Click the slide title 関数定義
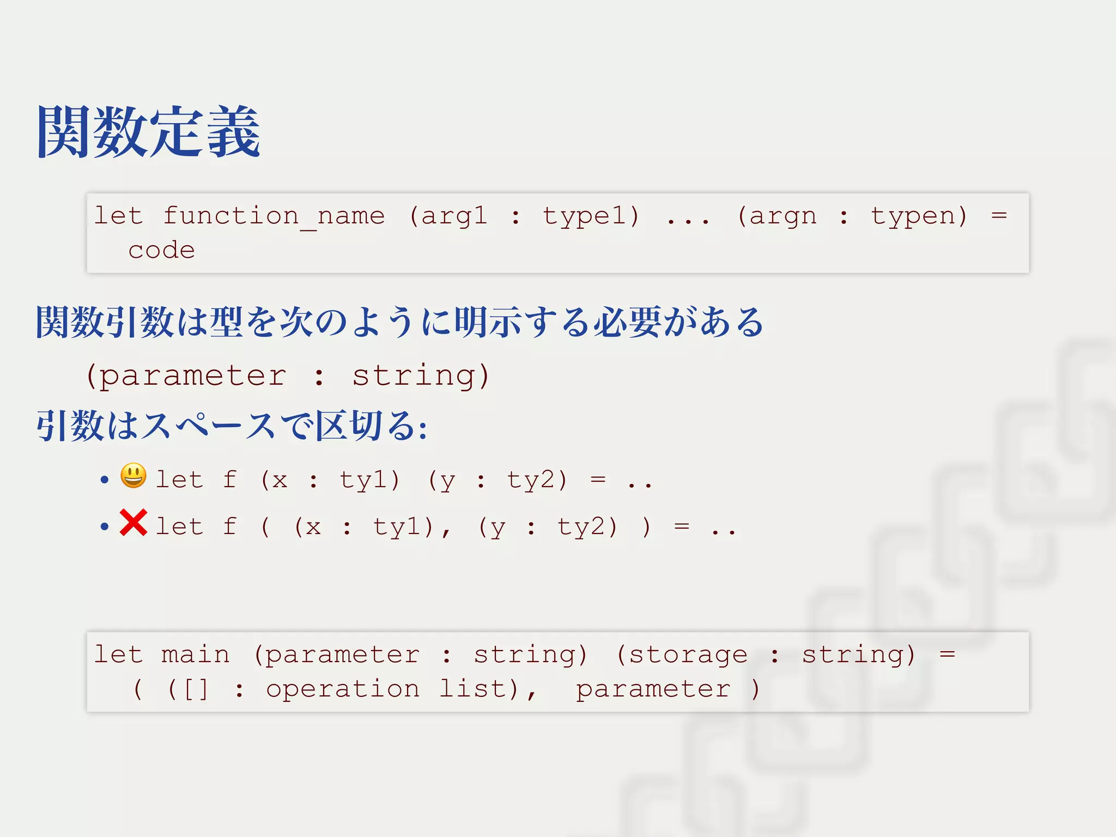pos(148,132)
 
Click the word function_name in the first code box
pos(274,216)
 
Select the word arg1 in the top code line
pos(454,216)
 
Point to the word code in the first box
pos(161,251)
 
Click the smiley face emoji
pos(134,476)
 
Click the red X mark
pos(134,523)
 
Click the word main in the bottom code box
pos(195,654)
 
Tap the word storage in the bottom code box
pos(688,654)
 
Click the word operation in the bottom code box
pos(343,689)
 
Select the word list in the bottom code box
pos(472,689)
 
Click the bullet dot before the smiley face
pos(105,480)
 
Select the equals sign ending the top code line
pos(999,216)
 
